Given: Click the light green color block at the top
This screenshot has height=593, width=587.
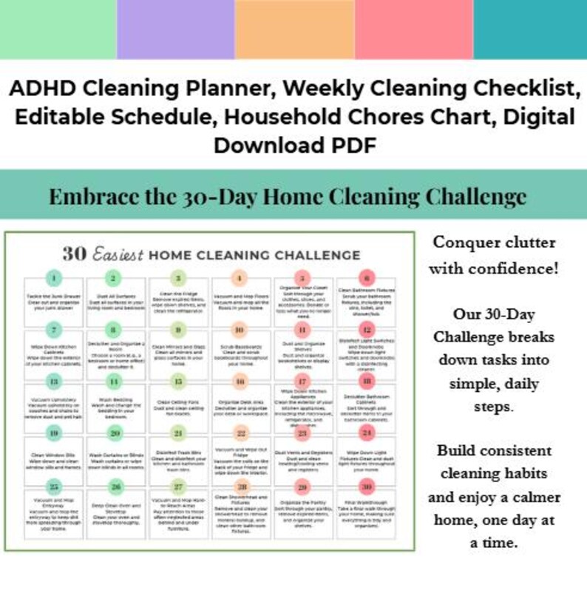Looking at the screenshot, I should [x=58, y=29].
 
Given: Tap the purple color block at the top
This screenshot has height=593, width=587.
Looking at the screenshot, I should [x=175, y=29].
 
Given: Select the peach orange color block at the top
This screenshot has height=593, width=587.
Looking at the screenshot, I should [x=294, y=29].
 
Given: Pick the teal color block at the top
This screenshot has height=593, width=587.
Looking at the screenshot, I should [x=529, y=29].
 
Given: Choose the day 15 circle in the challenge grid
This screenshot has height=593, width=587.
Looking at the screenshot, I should [x=177, y=382].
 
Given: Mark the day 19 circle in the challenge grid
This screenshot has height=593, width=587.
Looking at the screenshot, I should [x=52, y=433].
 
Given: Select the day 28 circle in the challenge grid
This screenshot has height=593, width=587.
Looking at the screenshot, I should [x=239, y=486].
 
